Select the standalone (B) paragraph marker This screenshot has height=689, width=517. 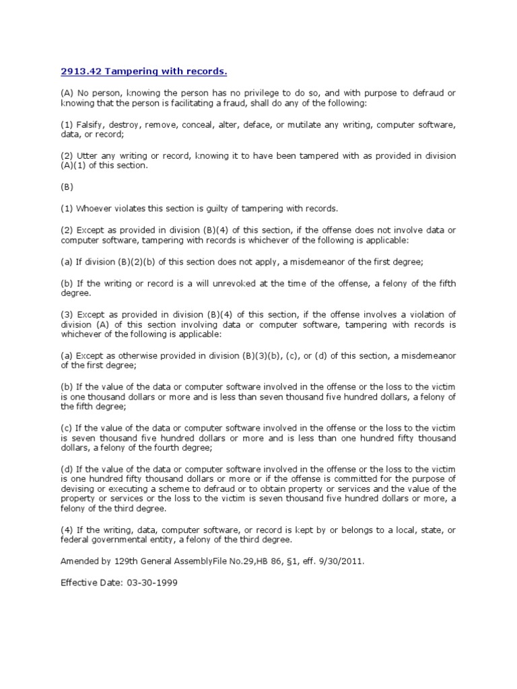coord(67,187)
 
